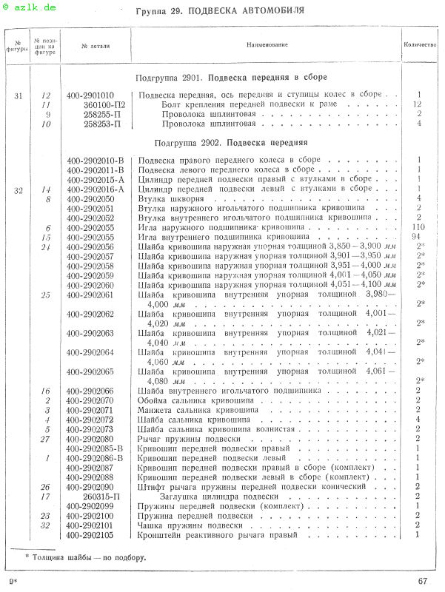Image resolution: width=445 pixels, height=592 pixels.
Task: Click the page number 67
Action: [x=423, y=581]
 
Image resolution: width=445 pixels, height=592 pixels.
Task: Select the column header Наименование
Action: [x=267, y=45]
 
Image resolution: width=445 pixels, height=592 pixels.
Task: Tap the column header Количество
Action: [x=420, y=45]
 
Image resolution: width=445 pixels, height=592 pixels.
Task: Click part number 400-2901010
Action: [x=90, y=95]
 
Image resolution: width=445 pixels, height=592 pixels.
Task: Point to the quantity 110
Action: [x=418, y=228]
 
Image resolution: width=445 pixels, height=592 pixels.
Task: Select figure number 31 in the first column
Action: [x=19, y=95]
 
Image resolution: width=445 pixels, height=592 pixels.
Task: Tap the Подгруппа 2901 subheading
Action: [x=232, y=76]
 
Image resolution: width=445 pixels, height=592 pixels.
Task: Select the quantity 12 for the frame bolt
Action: [x=418, y=104]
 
